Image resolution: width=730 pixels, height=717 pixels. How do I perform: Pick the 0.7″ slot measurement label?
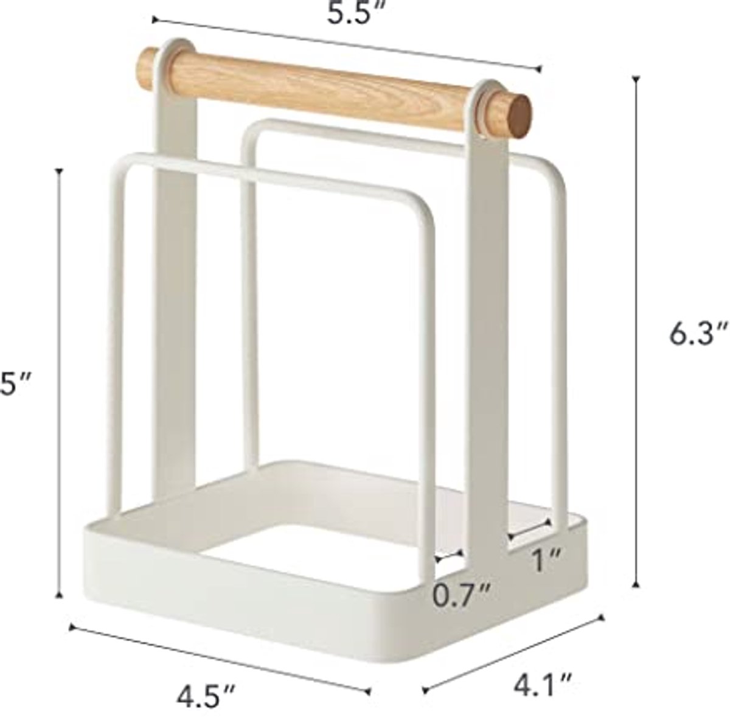[x=462, y=595]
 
